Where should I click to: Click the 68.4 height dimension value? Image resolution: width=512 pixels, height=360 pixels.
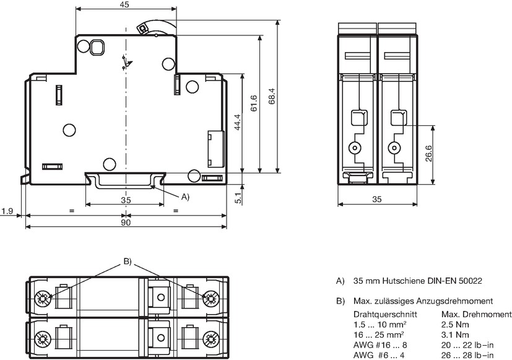272,97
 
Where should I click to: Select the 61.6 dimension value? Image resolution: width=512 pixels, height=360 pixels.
254,103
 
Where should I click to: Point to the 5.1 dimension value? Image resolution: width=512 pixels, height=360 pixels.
238,198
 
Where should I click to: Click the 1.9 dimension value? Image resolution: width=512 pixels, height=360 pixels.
7,211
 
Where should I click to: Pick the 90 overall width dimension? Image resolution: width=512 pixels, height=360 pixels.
126,222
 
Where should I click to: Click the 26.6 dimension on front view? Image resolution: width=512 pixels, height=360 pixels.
429,153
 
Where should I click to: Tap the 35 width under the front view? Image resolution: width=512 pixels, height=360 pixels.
377,200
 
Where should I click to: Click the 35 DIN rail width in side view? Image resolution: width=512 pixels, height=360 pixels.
126,200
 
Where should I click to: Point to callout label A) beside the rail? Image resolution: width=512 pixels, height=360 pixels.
185,196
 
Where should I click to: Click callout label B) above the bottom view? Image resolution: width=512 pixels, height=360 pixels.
128,261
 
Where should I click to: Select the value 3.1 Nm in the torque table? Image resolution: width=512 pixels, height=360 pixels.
455,335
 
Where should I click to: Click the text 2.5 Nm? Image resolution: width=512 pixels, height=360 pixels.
455,325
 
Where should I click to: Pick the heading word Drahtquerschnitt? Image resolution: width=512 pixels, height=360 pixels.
385,314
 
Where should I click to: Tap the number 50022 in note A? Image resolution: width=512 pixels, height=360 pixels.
471,281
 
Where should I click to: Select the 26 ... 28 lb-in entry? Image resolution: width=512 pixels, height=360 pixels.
467,356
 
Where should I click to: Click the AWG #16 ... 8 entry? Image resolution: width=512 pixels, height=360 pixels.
380,345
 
